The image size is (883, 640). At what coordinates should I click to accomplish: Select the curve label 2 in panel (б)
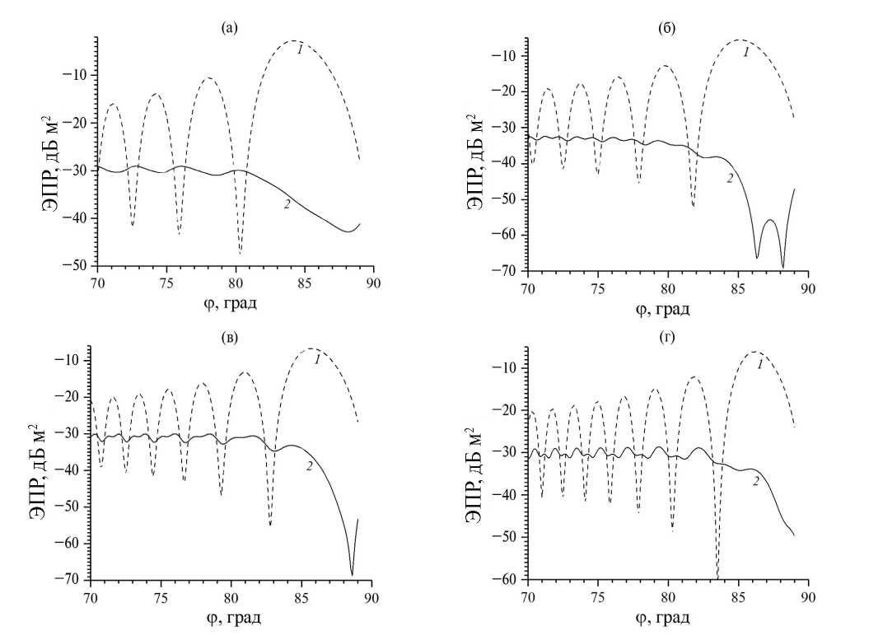(729, 179)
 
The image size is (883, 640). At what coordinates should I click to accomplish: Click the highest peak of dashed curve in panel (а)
(292, 41)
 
